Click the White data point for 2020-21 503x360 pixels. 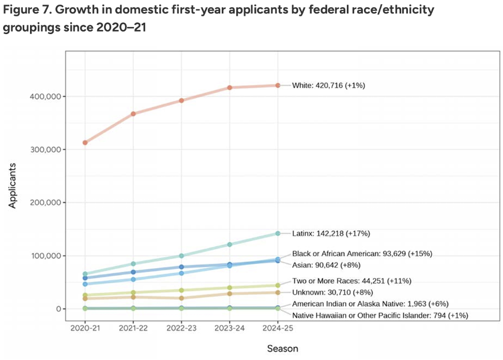(85, 143)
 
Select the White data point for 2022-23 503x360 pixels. (181, 101)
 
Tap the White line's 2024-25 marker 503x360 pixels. (278, 85)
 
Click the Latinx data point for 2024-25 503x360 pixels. (278, 233)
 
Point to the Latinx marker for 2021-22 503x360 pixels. (133, 264)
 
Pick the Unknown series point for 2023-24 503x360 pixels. (230, 293)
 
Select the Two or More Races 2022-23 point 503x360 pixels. (181, 290)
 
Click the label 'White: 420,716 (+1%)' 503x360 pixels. (329, 85)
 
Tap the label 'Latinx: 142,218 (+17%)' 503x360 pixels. (331, 233)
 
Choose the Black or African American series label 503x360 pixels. (362, 254)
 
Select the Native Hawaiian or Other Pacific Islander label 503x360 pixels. (380, 315)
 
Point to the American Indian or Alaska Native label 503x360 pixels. (370, 304)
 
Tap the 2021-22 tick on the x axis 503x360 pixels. (133, 328)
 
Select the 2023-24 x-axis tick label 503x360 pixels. (230, 328)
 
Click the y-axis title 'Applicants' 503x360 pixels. (13, 186)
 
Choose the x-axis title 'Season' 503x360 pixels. (282, 349)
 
